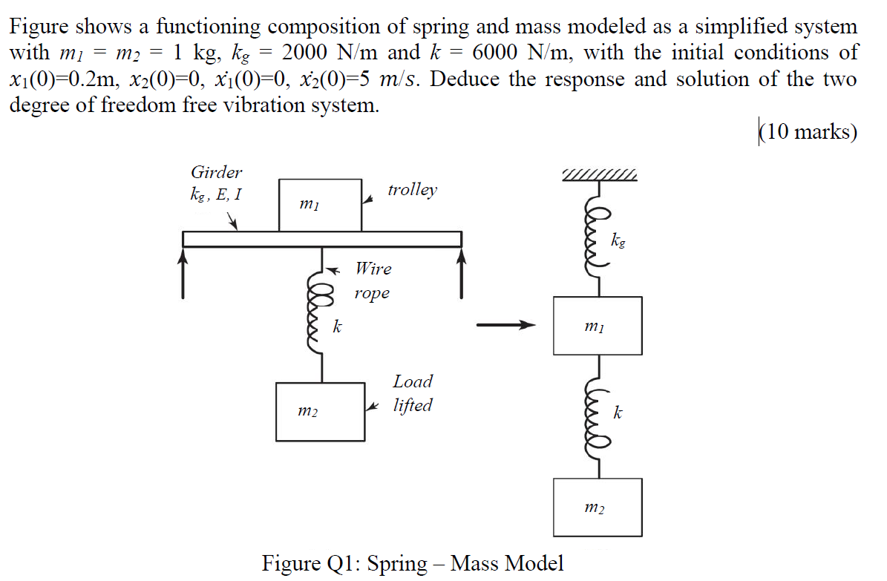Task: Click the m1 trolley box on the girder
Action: pos(320,205)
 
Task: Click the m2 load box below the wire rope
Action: pos(320,412)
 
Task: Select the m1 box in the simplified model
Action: pos(598,326)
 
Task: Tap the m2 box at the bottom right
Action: pos(598,508)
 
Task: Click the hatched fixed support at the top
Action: pos(600,176)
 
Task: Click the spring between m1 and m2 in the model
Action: pos(600,416)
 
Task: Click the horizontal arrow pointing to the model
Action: pos(505,325)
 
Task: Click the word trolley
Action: pos(412,190)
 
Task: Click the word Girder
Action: pos(216,173)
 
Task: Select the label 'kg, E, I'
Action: pos(215,196)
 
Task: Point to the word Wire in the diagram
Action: pos(373,268)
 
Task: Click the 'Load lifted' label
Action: pos(413,393)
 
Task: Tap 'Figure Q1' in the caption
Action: pos(310,563)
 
